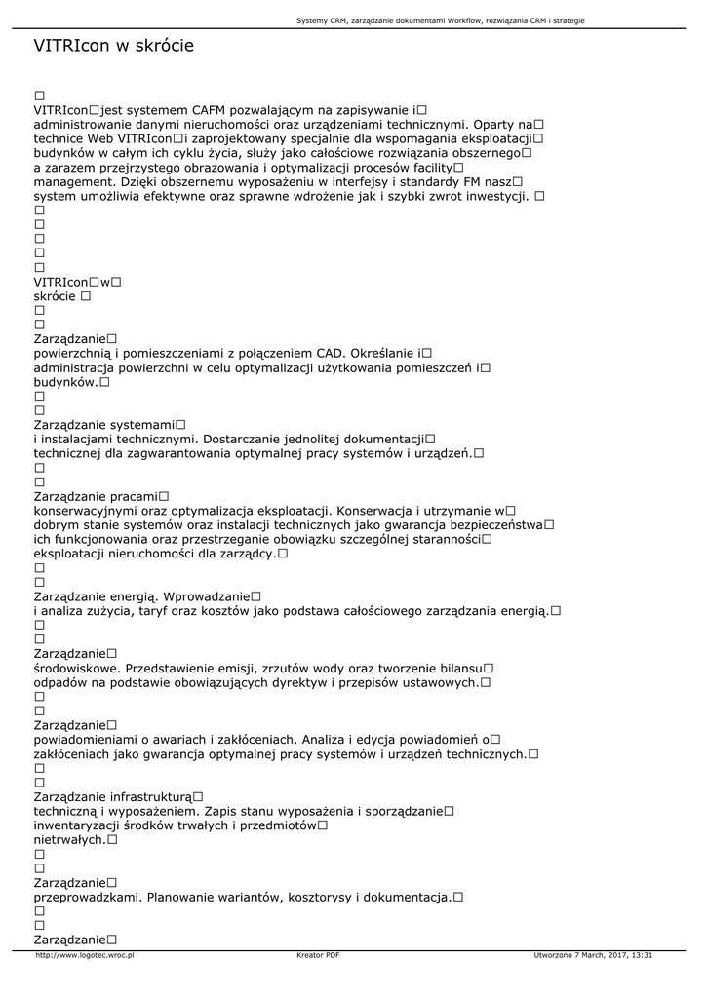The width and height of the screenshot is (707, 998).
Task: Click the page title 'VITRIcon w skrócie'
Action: pos(114,46)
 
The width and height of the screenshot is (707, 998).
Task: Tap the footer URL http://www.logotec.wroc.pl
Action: pos(85,956)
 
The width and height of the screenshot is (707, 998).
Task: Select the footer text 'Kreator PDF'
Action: pos(318,956)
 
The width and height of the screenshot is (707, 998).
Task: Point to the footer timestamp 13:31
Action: pos(641,956)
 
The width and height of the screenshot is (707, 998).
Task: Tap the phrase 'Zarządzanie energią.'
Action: pos(96,595)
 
